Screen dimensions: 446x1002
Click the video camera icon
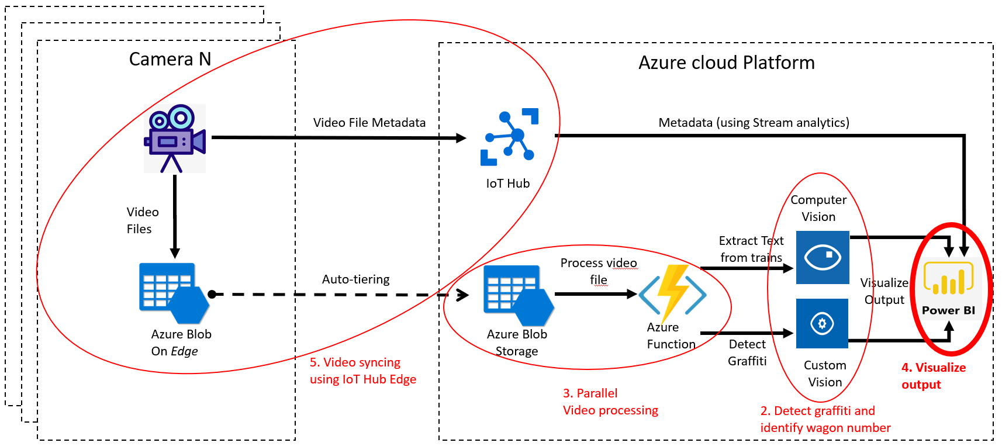tap(175, 139)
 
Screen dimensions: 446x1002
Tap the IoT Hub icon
tap(509, 137)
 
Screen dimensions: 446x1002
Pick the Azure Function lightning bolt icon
tap(673, 295)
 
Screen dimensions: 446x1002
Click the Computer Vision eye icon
tap(823, 257)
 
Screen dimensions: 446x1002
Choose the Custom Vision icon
tap(822, 323)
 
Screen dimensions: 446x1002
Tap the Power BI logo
tap(948, 286)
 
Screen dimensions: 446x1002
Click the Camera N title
tap(170, 59)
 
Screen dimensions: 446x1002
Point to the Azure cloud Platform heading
tap(726, 63)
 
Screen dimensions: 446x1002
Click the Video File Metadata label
tap(369, 123)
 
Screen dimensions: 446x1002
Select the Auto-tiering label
tap(355, 279)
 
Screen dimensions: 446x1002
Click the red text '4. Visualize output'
tap(933, 376)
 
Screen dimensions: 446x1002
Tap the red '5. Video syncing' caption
tap(362, 371)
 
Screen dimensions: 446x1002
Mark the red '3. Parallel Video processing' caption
tap(610, 402)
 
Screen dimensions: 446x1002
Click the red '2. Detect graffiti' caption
tap(825, 419)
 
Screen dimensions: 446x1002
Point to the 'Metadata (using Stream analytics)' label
tap(754, 123)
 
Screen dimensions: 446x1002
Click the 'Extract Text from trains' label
tap(751, 249)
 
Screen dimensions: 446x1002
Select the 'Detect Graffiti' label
tap(747, 352)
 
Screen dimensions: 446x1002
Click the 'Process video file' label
tap(599, 271)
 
